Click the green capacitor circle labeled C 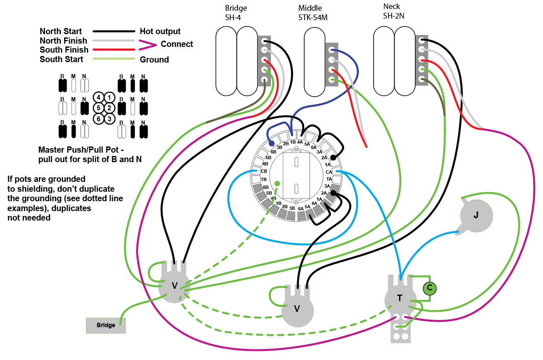(430, 288)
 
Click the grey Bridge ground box (106, 325)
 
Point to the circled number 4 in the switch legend (99, 98)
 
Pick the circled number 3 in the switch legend (109, 119)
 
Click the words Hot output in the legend (160, 31)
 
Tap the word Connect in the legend (177, 44)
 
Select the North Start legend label (60, 31)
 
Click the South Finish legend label (64, 50)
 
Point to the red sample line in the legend (114, 50)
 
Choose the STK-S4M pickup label (313, 18)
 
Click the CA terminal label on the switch (329, 172)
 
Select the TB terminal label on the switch (264, 179)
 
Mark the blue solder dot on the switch (271, 143)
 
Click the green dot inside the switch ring (277, 183)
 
